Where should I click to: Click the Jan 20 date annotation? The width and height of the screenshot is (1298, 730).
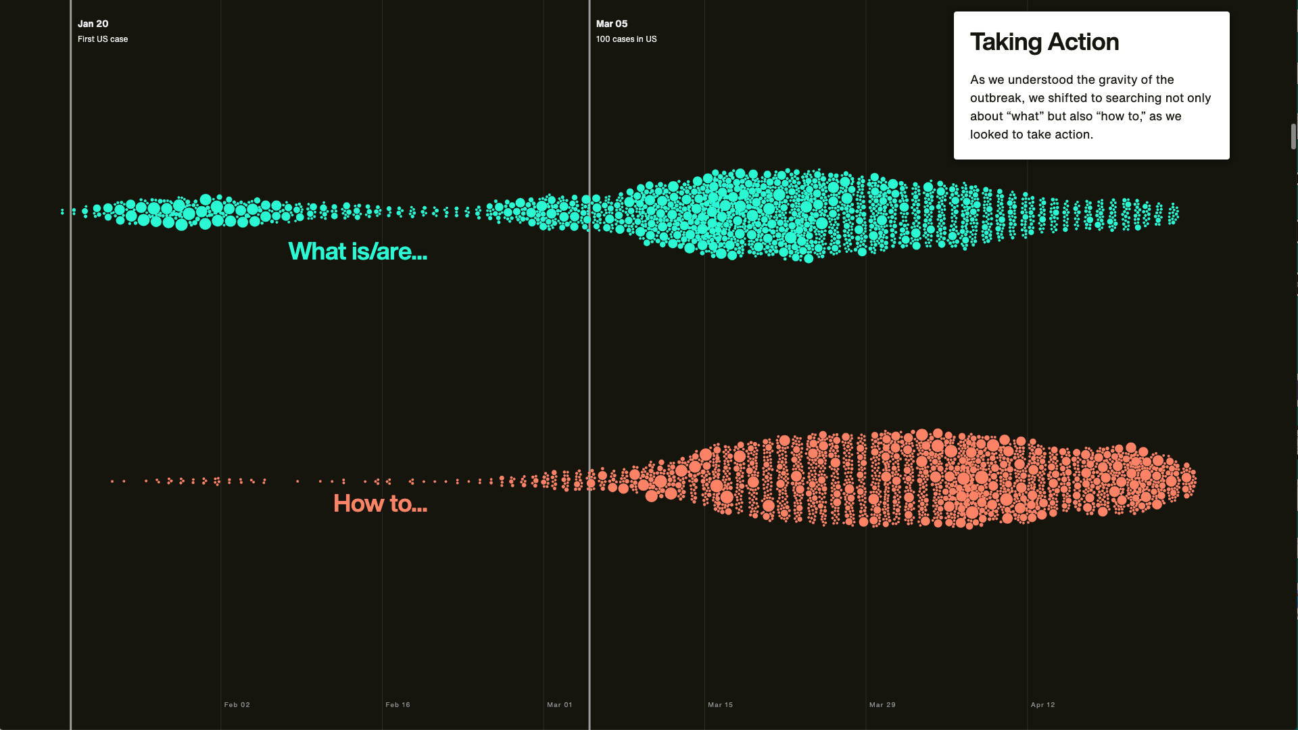tap(93, 24)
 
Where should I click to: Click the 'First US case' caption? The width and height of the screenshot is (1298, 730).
tap(103, 39)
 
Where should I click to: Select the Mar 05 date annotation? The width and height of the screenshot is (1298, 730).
tap(612, 24)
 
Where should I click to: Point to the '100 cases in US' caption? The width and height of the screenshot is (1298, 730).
tap(626, 39)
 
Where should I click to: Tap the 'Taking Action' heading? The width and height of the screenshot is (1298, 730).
tap(1044, 42)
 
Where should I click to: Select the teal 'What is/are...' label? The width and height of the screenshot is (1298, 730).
tap(358, 251)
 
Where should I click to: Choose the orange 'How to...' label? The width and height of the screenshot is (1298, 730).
tap(380, 504)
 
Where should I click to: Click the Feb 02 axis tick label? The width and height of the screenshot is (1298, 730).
tap(237, 704)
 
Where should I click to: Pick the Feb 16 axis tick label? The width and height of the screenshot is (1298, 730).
tap(398, 704)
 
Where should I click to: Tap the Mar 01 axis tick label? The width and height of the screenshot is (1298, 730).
tap(560, 704)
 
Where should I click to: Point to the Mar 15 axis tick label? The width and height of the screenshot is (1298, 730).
tap(721, 704)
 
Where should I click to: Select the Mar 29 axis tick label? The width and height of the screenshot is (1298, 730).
tap(882, 704)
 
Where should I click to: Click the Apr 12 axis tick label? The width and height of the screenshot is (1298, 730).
tap(1043, 704)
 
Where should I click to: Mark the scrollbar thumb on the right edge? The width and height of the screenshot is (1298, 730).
tap(1293, 137)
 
